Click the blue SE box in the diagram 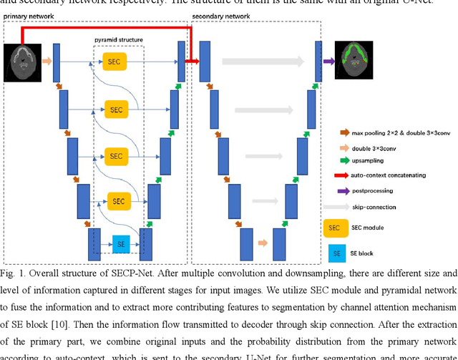click(121, 243)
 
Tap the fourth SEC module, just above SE click(119, 202)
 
